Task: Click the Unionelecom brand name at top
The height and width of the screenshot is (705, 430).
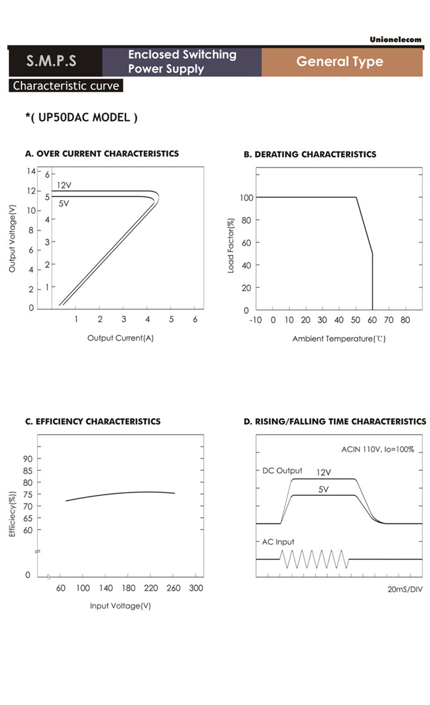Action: click(x=395, y=40)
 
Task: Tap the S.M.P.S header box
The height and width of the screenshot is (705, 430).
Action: click(x=51, y=61)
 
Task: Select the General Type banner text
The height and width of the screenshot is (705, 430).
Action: click(x=340, y=61)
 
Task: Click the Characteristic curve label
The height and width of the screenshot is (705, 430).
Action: click(x=66, y=86)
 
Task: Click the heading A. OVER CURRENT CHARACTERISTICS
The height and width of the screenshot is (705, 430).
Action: click(x=102, y=154)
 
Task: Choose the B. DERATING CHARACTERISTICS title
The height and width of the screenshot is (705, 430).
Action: click(x=310, y=154)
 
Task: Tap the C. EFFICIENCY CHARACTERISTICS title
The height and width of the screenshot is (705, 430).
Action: click(x=93, y=421)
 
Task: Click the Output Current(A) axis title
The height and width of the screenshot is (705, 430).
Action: click(x=120, y=338)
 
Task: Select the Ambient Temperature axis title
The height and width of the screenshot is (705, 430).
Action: click(x=339, y=339)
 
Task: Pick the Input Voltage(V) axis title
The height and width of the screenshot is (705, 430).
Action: click(x=120, y=606)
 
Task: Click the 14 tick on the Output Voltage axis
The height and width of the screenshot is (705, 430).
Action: click(x=30, y=171)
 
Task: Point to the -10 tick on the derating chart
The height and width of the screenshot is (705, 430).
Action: click(x=255, y=320)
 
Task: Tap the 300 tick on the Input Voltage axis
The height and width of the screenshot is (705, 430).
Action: click(x=196, y=588)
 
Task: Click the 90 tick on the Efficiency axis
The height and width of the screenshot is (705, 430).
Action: click(x=28, y=459)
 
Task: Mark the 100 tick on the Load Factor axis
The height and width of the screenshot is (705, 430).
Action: click(x=247, y=198)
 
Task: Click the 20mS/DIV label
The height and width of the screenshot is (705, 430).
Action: click(x=405, y=589)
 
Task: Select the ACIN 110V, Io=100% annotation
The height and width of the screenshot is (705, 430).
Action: click(x=378, y=450)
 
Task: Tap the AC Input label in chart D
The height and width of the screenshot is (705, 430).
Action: click(x=278, y=542)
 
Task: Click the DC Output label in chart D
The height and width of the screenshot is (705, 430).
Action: click(x=282, y=471)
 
